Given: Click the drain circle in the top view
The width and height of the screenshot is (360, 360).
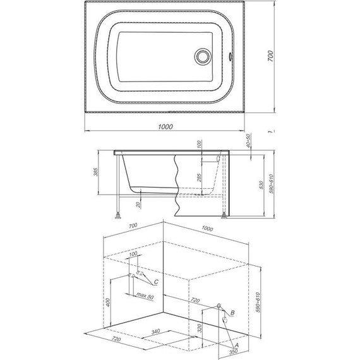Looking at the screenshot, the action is [203, 56].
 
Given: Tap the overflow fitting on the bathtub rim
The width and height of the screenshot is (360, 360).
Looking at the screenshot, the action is [231, 56].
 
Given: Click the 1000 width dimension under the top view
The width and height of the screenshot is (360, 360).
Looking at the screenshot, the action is [165, 126].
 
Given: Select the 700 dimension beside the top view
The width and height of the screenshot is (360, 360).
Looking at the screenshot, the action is [271, 56].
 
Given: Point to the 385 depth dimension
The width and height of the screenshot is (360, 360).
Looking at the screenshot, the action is [96, 172].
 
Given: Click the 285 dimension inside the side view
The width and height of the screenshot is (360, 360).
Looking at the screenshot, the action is [199, 177].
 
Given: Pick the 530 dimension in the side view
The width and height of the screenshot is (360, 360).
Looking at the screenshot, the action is [261, 185].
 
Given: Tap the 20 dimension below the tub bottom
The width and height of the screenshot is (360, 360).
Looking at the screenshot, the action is [138, 205].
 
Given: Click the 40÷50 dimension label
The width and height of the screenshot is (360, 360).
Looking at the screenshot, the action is [248, 140].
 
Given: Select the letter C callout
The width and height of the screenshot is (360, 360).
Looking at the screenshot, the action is [156, 282].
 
